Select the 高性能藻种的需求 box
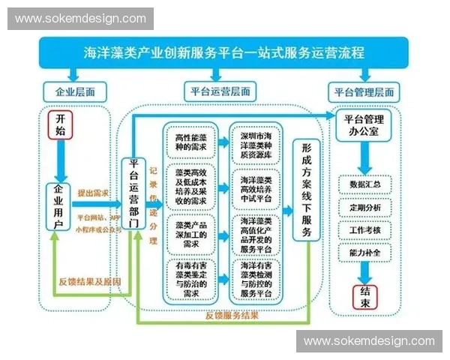[x=191, y=143]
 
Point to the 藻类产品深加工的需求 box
[x=191, y=233]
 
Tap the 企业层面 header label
[x=74, y=93]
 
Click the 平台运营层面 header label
[x=218, y=91]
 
